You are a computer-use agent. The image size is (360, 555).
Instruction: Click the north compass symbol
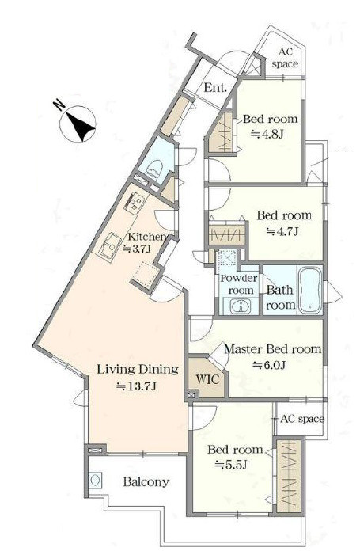(x=78, y=124)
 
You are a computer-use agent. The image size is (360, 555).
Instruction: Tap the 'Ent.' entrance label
(x=215, y=87)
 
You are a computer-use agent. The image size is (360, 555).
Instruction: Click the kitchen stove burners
(x=135, y=203)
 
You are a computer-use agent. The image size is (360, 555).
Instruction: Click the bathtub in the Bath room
(x=310, y=290)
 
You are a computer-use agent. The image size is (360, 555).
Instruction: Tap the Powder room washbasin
(x=241, y=306)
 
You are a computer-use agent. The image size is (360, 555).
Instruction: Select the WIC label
(x=207, y=379)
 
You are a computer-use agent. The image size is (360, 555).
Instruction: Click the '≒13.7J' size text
(x=136, y=386)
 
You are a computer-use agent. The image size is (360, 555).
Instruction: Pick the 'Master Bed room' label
(x=273, y=349)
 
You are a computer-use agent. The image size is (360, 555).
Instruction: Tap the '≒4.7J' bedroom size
(x=282, y=231)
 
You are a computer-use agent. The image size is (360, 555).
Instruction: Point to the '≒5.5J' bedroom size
(x=231, y=465)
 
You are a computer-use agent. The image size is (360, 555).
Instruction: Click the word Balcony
(x=146, y=482)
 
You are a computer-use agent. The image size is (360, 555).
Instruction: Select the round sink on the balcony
(x=95, y=481)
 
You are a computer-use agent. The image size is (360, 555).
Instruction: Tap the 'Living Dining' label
(x=138, y=370)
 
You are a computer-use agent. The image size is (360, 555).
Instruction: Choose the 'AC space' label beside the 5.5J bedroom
(x=302, y=420)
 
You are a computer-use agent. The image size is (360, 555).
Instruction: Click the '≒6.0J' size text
(x=270, y=365)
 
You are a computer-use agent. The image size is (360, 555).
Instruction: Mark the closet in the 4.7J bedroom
(x=226, y=234)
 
